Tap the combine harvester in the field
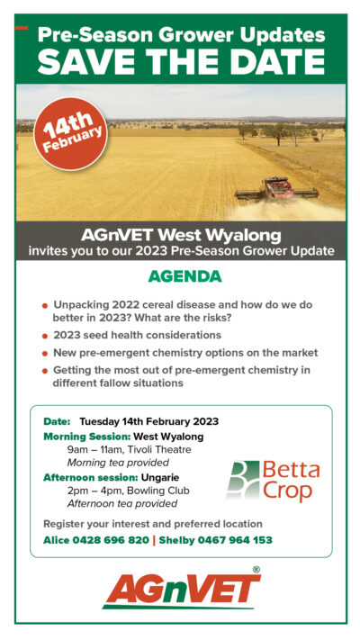276,188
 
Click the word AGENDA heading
184,276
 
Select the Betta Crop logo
273,481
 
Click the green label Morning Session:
87,437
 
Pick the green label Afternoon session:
91,477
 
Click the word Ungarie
160,477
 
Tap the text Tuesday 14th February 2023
149,421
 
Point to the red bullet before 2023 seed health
45,337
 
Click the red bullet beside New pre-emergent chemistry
45,354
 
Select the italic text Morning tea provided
118,463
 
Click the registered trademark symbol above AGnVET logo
256,570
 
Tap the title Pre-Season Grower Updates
182,34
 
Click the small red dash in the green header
22,28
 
